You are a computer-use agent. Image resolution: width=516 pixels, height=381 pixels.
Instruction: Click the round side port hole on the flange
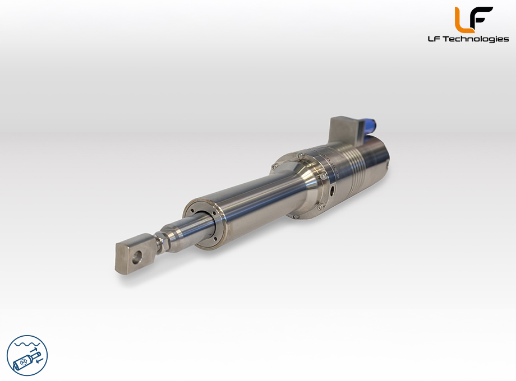pos(333,190)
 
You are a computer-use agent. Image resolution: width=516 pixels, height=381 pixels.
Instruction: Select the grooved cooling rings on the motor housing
pos(354,169)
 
